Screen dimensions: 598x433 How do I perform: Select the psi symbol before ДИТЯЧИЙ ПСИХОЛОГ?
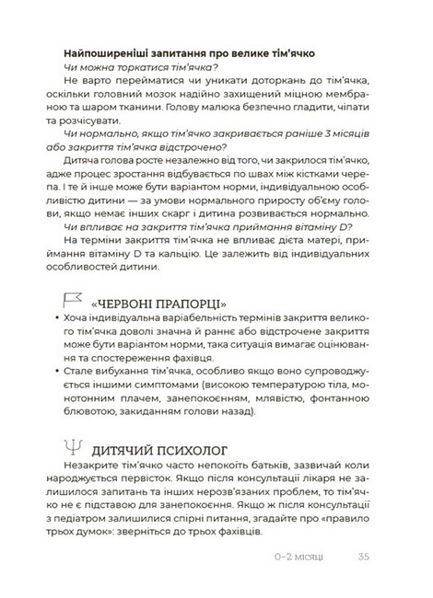(69, 449)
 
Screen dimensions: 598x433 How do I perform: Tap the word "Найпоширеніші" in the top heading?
(111, 52)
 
